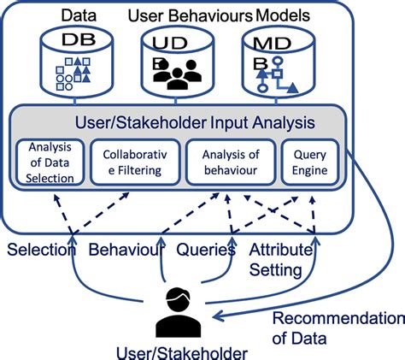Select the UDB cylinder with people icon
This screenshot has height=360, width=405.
point(174,62)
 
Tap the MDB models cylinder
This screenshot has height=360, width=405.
point(276,62)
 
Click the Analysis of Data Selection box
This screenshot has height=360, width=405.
point(50,162)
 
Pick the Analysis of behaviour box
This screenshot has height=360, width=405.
point(231,162)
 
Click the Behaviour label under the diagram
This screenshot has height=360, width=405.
point(126,251)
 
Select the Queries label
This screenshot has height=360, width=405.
point(206,251)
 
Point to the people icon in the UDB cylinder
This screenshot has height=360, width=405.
point(174,76)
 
